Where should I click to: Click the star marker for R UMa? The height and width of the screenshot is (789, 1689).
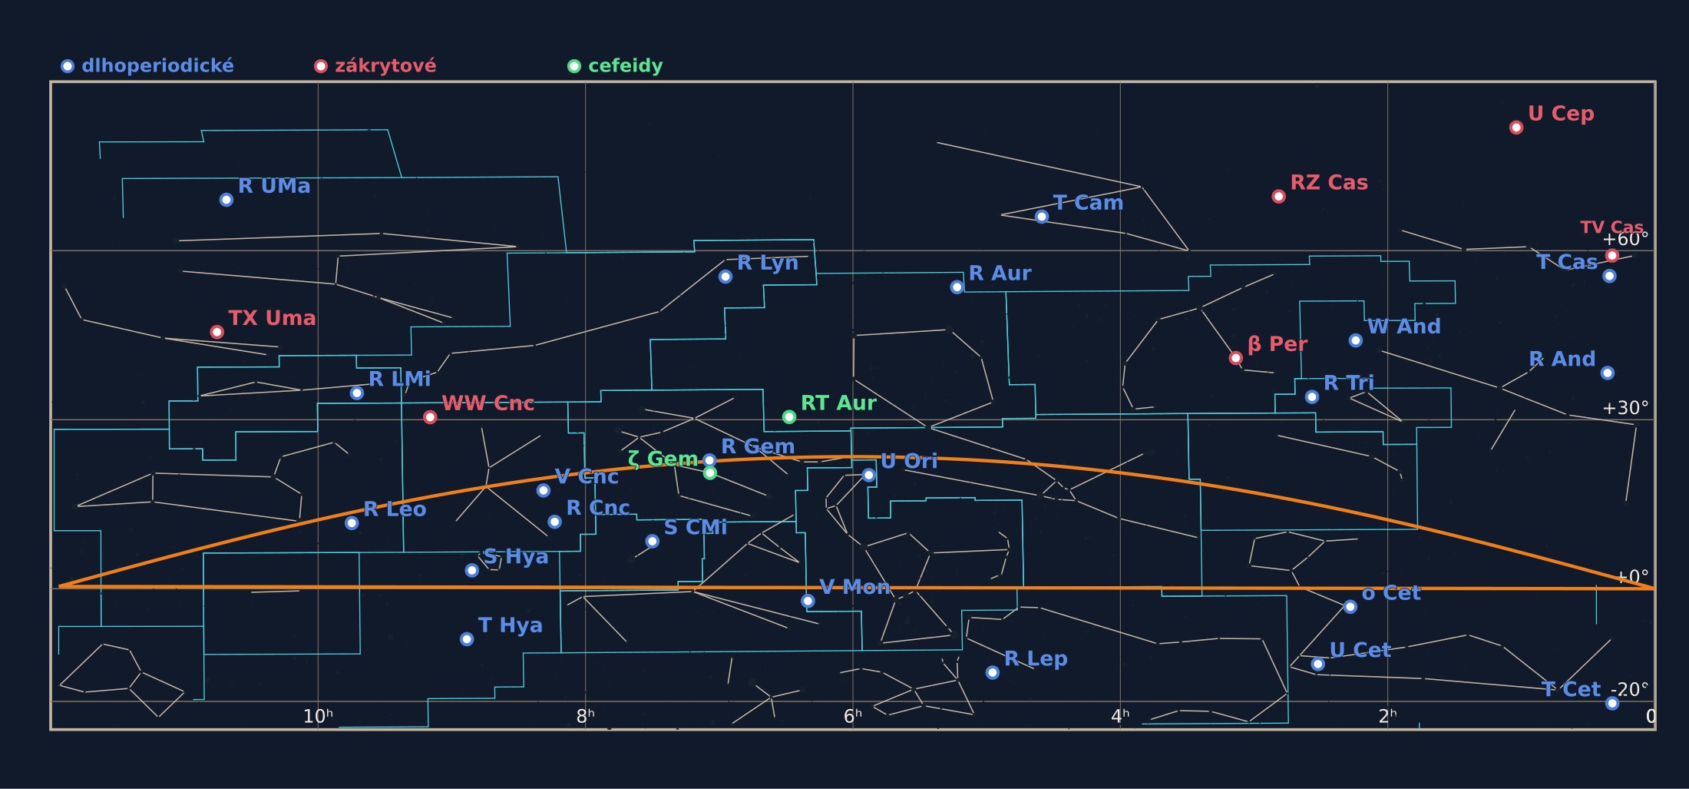pos(226,200)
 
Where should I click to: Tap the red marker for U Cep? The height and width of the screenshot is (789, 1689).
pos(1516,128)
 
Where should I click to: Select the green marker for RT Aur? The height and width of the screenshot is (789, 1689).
pos(789,417)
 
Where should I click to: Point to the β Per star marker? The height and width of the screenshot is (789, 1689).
pos(1236,358)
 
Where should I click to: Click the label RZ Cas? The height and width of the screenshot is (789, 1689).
pos(1329,183)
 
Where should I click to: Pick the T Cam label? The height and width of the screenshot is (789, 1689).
pos(1088,203)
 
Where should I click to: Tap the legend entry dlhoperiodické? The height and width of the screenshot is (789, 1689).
pos(147,66)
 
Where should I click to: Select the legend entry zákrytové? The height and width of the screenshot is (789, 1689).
pos(375,66)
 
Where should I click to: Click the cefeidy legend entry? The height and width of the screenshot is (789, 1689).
pos(615,66)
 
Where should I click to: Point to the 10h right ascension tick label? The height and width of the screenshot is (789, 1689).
pos(318,717)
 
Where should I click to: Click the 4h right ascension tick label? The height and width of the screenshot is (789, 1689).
pos(1120,717)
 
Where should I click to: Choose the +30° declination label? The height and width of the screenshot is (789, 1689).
pos(1625,408)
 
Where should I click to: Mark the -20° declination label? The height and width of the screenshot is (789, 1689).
pos(1628,690)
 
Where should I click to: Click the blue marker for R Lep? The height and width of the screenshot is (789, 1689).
pos(993,673)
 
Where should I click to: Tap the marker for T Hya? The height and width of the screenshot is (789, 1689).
pos(467,639)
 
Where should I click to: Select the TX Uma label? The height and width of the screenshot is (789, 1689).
pos(272,318)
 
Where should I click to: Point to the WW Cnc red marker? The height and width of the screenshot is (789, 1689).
pos(430,417)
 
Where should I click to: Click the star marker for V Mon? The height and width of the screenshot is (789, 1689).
pos(808,601)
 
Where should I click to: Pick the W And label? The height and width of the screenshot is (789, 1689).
pos(1404,327)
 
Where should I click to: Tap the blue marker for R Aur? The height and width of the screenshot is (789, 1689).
pos(957,287)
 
